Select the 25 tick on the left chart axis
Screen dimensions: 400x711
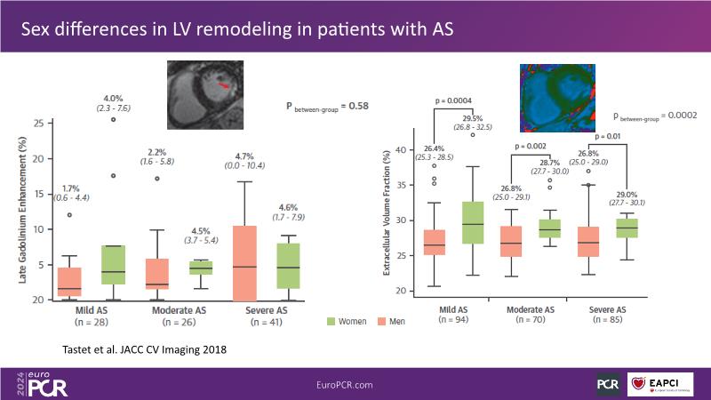click(37, 123)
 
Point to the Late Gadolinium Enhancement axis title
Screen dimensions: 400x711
click(20, 212)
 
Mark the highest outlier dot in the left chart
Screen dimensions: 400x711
click(113, 119)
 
